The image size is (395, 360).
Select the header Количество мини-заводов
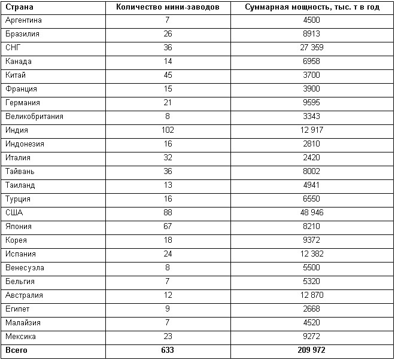(x=167, y=7)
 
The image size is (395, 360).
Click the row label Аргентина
(x=23, y=20)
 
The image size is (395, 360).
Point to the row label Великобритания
(x=34, y=117)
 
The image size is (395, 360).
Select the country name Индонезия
(x=25, y=144)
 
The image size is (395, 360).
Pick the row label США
(x=14, y=213)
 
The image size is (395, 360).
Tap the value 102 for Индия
(x=168, y=130)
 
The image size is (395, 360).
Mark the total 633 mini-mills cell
(x=168, y=350)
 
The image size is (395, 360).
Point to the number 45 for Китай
(x=168, y=75)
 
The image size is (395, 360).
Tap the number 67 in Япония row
(x=168, y=227)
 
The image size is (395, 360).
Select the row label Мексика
(x=20, y=337)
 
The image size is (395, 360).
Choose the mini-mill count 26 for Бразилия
(x=168, y=34)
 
